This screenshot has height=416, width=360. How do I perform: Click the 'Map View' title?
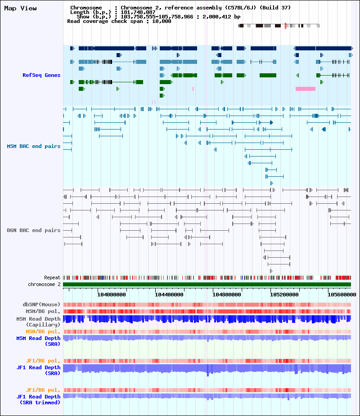click(20, 9)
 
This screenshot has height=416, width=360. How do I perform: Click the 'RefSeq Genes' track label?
click(41, 76)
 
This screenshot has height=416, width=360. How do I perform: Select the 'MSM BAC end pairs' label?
click(34, 147)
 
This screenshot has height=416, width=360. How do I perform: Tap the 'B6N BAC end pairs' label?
click(34, 231)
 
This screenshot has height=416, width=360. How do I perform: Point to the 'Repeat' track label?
click(52, 278)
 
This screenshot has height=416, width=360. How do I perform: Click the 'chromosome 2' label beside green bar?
click(45, 284)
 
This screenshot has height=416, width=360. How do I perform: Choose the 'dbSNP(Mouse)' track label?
click(42, 304)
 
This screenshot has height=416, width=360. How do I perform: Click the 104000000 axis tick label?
click(112, 295)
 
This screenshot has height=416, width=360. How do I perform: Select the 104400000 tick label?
click(169, 295)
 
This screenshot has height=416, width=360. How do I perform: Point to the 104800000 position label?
click(227, 295)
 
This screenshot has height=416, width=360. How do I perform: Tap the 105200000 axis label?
click(284, 295)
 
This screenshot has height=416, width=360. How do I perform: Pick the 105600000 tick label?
click(342, 295)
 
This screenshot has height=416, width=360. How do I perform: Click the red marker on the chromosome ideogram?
click(285, 26)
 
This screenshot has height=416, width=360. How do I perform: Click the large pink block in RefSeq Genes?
click(306, 89)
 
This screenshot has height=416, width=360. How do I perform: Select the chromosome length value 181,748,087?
click(138, 12)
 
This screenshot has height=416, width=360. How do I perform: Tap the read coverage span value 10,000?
click(162, 21)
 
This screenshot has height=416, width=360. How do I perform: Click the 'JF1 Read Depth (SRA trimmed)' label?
click(39, 399)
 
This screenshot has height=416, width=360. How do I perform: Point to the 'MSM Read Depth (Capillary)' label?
click(39, 322)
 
